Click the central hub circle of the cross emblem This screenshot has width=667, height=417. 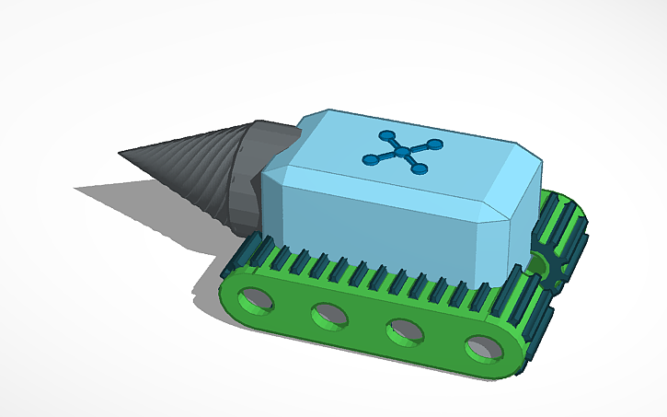(403, 153)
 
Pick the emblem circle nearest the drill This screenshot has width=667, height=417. (371, 160)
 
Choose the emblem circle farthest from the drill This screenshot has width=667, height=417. (434, 145)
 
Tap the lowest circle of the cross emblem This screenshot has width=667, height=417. (420, 169)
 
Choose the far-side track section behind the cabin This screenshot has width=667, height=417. (561, 221)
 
